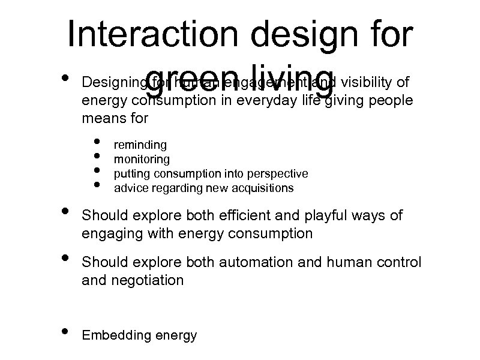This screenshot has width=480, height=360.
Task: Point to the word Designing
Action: click(113, 81)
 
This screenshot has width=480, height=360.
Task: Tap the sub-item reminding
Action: click(140, 145)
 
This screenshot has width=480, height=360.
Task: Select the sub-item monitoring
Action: click(142, 160)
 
